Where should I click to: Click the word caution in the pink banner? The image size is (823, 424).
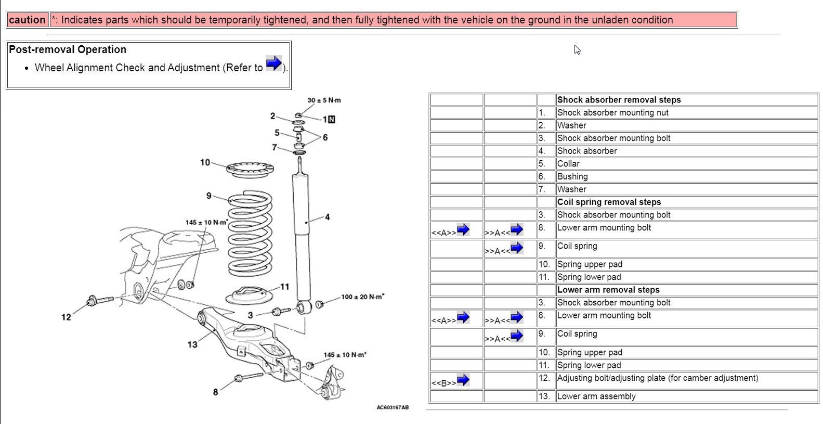coord(27,20)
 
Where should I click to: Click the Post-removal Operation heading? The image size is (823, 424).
coord(68,49)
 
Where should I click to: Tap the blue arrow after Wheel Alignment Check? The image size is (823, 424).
coord(273,63)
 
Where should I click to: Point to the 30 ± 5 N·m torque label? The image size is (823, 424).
coord(324,100)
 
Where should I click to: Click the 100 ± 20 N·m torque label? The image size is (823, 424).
coord(362,297)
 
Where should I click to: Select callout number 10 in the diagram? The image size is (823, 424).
coord(205,162)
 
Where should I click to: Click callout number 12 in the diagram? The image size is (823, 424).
coord(66,317)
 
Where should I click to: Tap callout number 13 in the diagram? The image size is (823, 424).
coord(192,344)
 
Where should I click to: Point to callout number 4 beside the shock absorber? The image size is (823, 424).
coord(327,217)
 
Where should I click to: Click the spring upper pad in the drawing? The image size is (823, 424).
coord(250,169)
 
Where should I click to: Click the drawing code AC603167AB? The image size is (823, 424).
coord(393,407)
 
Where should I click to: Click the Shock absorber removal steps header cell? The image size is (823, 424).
coord(619,100)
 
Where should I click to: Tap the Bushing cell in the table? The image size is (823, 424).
coord(572,176)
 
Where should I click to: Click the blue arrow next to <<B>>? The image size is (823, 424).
coord(463,380)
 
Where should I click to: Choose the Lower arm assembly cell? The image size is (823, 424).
coord(596,396)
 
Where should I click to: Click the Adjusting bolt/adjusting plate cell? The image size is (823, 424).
coord(657,378)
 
